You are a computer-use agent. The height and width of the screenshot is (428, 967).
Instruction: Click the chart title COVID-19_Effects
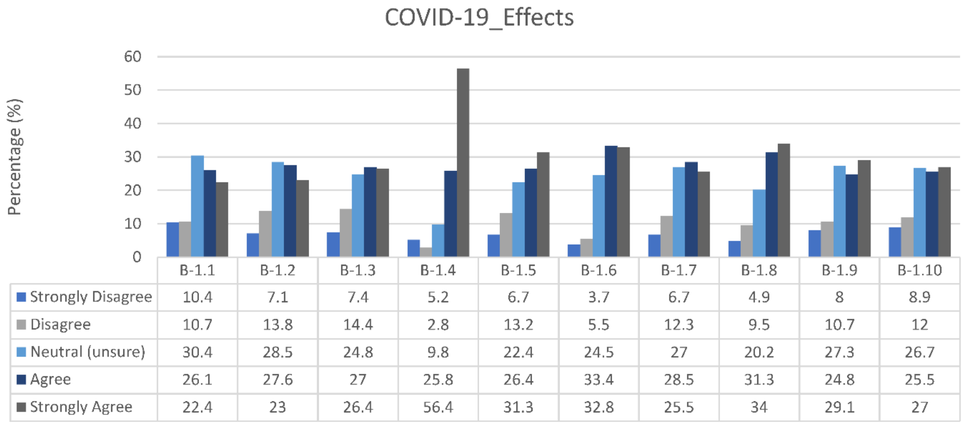click(x=479, y=17)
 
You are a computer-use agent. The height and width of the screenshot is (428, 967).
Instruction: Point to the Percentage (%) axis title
click(x=15, y=157)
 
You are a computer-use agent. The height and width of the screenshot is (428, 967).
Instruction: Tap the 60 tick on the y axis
click(x=132, y=57)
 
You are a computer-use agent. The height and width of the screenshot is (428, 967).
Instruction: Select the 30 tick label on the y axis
click(x=132, y=157)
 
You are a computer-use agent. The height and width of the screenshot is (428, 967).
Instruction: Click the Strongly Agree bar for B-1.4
click(x=463, y=163)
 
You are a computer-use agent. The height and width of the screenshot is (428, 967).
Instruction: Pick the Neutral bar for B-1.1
click(x=197, y=206)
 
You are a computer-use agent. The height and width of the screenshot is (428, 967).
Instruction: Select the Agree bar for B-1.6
click(x=611, y=201)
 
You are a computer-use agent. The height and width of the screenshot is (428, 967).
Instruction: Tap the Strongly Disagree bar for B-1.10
click(x=895, y=242)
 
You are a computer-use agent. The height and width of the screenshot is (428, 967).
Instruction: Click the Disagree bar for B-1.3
click(x=346, y=233)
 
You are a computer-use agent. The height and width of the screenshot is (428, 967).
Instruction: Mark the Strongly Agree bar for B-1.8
click(x=784, y=200)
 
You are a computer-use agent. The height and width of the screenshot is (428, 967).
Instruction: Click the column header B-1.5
click(x=518, y=270)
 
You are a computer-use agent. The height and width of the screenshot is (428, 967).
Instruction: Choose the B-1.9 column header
click(x=839, y=270)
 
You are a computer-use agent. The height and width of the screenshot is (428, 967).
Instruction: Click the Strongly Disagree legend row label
click(x=91, y=297)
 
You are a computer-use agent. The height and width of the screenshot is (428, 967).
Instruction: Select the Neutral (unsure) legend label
click(x=88, y=352)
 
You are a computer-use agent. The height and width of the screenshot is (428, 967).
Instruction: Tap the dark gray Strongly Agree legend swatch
click(x=22, y=407)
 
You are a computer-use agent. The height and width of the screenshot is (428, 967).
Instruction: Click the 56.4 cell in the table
click(x=438, y=407)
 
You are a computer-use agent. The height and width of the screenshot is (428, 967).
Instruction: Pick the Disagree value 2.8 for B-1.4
click(x=438, y=325)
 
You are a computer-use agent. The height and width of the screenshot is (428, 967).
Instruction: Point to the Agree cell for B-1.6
click(x=599, y=380)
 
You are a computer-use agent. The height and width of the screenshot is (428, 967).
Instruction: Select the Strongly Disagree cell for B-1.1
click(x=197, y=298)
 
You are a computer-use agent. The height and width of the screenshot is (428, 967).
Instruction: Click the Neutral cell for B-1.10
click(x=920, y=352)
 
